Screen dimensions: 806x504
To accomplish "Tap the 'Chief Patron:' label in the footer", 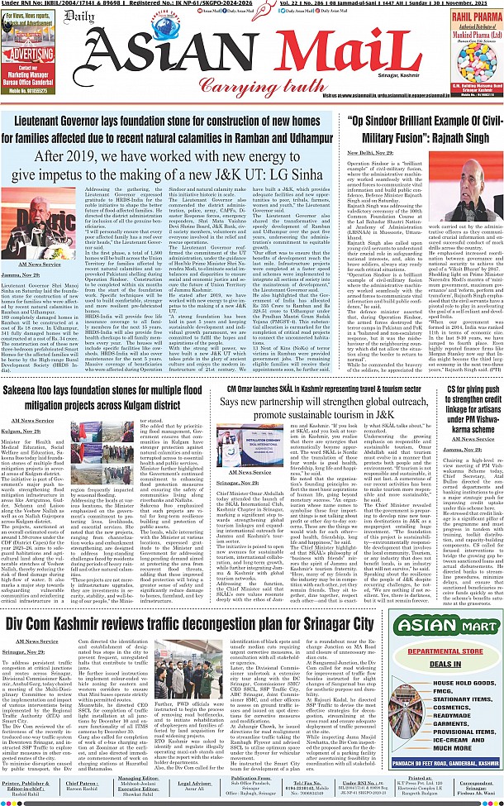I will (82, 781).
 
